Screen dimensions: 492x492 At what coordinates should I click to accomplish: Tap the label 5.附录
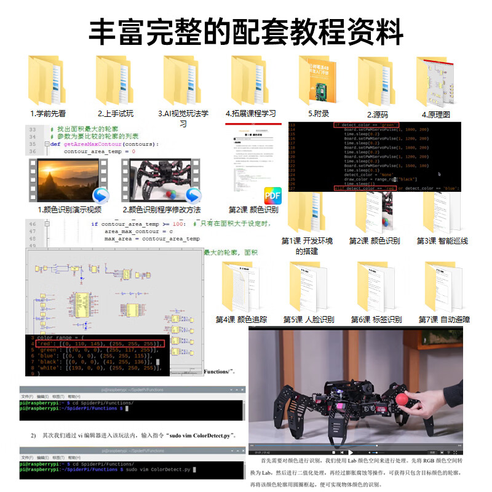coord(319,114)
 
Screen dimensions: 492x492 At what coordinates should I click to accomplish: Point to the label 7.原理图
coord(436,114)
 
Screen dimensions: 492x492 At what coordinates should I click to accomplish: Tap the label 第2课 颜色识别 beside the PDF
coord(253,210)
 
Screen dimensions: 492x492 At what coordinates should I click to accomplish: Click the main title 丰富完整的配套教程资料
coord(246,31)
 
